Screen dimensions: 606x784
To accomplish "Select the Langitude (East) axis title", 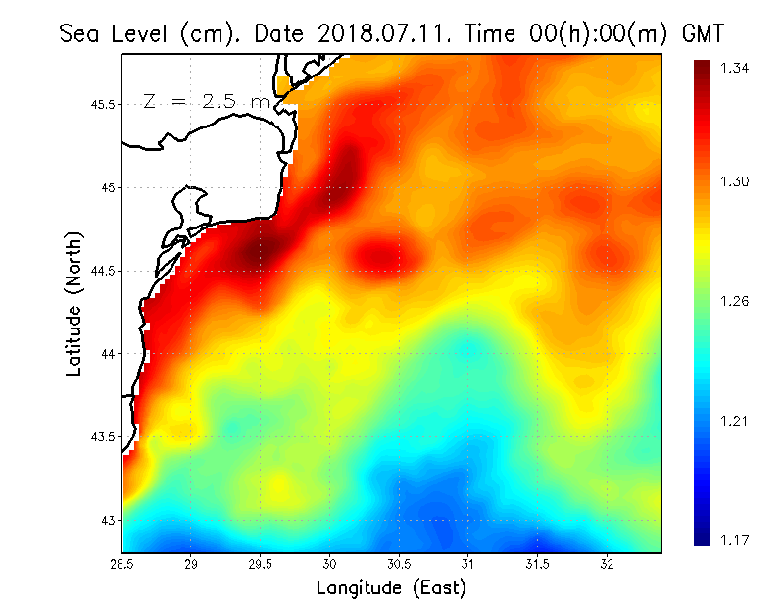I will [x=391, y=588].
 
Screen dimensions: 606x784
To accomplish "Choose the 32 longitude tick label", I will [x=608, y=564].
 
